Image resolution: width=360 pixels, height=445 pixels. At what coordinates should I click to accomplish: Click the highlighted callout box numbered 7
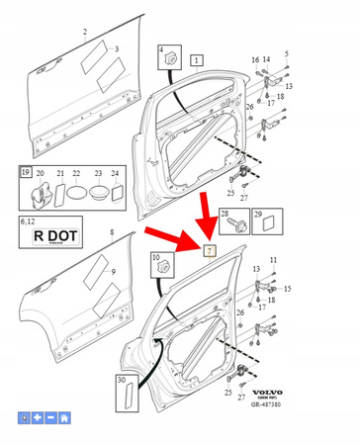(210, 249)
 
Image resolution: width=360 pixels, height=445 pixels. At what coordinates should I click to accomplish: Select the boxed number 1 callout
(197, 59)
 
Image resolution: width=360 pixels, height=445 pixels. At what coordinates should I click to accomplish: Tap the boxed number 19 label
(26, 172)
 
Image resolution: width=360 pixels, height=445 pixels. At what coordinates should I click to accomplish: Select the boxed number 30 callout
(122, 380)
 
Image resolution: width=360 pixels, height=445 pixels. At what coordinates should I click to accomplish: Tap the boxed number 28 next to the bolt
(225, 214)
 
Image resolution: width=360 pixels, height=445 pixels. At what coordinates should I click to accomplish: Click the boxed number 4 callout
(161, 49)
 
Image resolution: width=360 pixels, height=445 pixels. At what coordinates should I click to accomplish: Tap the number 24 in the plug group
(116, 173)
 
